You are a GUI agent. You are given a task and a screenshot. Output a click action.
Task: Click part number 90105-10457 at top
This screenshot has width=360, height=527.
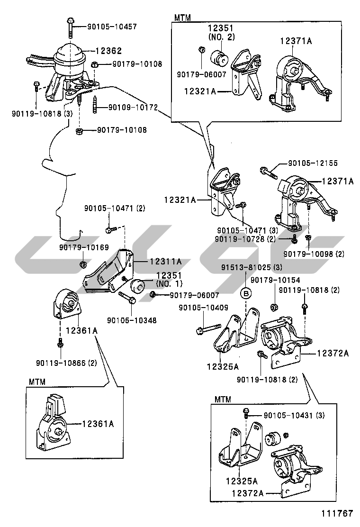coord(112,27)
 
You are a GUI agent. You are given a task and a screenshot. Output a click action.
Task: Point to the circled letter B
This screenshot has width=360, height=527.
coord(246,294)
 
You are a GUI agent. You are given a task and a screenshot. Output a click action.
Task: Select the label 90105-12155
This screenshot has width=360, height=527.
coord(313,164)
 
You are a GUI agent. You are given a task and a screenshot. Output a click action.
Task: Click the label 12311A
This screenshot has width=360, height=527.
coord(166,261)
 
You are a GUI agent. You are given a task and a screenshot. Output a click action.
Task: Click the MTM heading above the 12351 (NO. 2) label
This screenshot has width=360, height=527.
coord(182,18)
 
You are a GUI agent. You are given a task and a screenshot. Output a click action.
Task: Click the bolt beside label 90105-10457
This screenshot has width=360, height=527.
coord(70,27)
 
